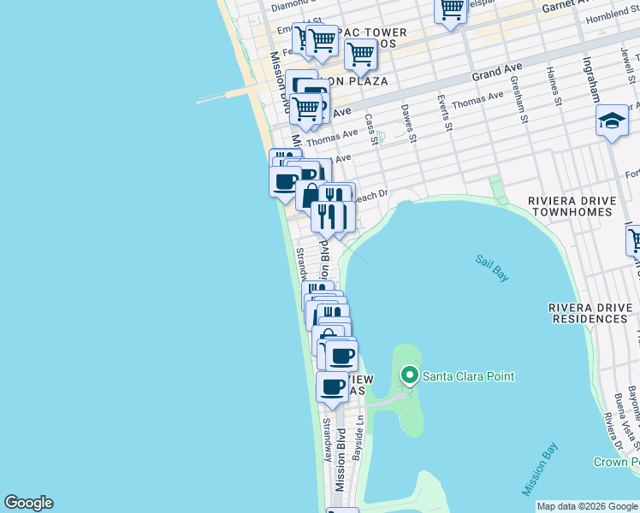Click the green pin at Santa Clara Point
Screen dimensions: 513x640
coord(410,374)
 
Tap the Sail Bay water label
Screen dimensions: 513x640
coord(491,267)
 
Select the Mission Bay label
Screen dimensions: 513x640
coord(540,469)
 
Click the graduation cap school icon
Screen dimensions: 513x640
coord(613,121)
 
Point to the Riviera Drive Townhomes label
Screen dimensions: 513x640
coord(572,207)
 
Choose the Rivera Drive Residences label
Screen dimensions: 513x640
coord(590,312)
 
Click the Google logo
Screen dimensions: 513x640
coord(28,503)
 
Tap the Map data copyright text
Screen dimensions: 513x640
coord(587,506)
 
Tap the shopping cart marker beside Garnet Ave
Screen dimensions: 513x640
coord(450,10)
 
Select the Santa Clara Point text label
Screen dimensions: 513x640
coord(469,375)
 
